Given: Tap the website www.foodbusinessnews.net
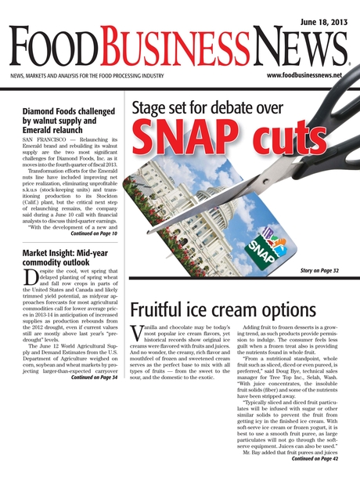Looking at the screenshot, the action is [x=304, y=75].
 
